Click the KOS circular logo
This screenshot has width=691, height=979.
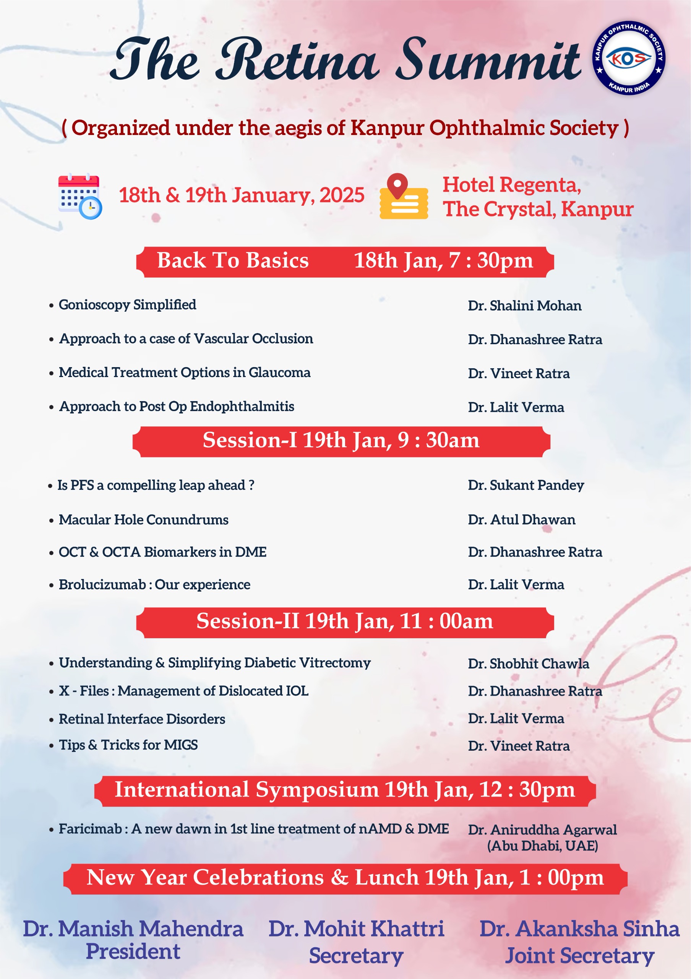[629, 58]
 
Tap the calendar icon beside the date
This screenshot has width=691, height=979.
[79, 197]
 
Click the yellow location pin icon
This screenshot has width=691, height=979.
[404, 197]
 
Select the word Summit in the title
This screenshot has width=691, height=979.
[490, 60]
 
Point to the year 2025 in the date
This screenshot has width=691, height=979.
[342, 195]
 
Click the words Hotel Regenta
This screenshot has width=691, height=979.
[512, 185]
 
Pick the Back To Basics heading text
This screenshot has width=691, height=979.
[233, 260]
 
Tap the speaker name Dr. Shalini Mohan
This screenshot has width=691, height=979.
[524, 306]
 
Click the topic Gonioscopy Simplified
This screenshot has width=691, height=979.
[127, 305]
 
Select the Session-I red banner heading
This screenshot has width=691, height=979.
[341, 441]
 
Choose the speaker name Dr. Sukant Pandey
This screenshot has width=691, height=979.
[526, 485]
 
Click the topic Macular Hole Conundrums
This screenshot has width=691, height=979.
[143, 520]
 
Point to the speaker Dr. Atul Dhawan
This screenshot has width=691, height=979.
[521, 520]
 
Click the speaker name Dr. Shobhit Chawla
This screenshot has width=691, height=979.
[528, 664]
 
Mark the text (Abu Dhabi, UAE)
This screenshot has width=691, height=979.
[542, 846]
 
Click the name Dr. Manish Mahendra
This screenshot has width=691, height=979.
[133, 929]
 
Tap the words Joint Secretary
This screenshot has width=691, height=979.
[579, 956]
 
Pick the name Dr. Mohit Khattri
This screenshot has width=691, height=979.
[356, 929]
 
